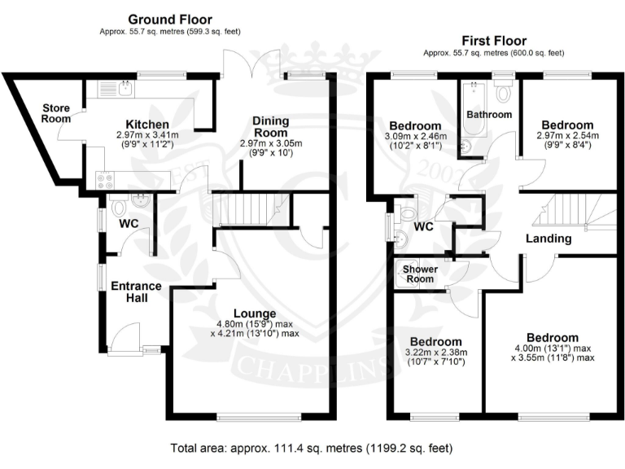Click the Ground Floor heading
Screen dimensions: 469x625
point(171,19)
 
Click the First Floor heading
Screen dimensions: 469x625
point(493,41)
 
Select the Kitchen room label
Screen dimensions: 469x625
point(142,124)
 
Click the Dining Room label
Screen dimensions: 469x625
point(271,127)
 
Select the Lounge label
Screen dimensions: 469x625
point(254,313)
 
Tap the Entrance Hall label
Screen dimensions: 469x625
point(136,292)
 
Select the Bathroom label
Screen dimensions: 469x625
point(488,115)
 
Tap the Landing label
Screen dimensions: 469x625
point(548,239)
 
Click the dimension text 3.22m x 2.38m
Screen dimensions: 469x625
point(436,353)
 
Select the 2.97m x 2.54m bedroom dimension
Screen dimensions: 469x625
point(567,135)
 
